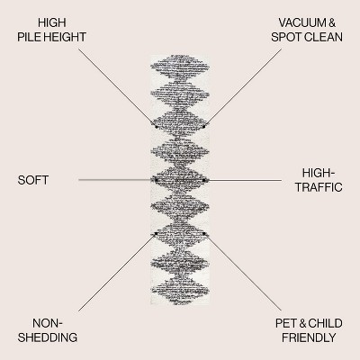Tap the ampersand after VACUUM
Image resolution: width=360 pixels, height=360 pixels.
[x=332, y=22]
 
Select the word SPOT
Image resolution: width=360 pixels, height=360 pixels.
[x=286, y=37]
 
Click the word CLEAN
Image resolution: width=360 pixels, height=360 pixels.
[x=323, y=37]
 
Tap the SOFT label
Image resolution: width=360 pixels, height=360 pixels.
[x=33, y=180]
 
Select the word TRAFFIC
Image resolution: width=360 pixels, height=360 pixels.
[x=319, y=187]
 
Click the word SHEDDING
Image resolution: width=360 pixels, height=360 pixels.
[x=48, y=337]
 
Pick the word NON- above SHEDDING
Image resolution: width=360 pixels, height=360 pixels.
[x=48, y=323]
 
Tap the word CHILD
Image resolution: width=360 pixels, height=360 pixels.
[x=325, y=323]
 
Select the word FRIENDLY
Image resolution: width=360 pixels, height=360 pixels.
[x=309, y=337]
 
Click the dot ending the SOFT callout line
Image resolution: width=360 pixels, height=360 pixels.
[x=156, y=180]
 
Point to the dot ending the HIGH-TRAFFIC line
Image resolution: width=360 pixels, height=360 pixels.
[x=204, y=180]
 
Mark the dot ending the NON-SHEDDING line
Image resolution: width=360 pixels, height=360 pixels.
[x=156, y=233]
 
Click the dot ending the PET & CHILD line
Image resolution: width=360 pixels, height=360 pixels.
[x=204, y=233]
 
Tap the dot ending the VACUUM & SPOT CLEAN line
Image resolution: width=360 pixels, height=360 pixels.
[x=204, y=127]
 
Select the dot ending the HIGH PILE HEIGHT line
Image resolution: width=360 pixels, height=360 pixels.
[x=157, y=127]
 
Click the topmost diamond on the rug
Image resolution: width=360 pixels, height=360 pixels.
[x=180, y=67]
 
